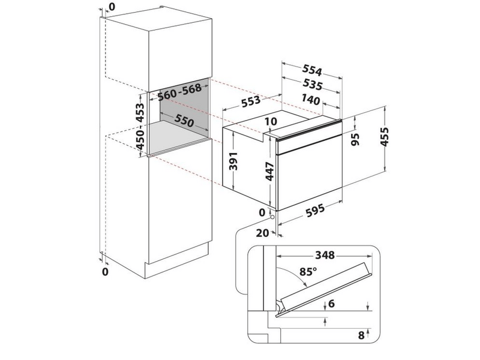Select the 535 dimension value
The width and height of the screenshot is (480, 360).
point(312,85)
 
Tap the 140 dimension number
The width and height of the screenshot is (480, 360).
point(312,100)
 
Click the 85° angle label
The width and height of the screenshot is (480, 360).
point(308,271)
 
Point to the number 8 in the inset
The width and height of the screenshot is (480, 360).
point(361,335)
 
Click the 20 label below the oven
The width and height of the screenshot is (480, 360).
point(260,233)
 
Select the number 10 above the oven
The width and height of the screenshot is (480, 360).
point(270,122)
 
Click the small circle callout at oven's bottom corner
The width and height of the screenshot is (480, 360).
point(274,220)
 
